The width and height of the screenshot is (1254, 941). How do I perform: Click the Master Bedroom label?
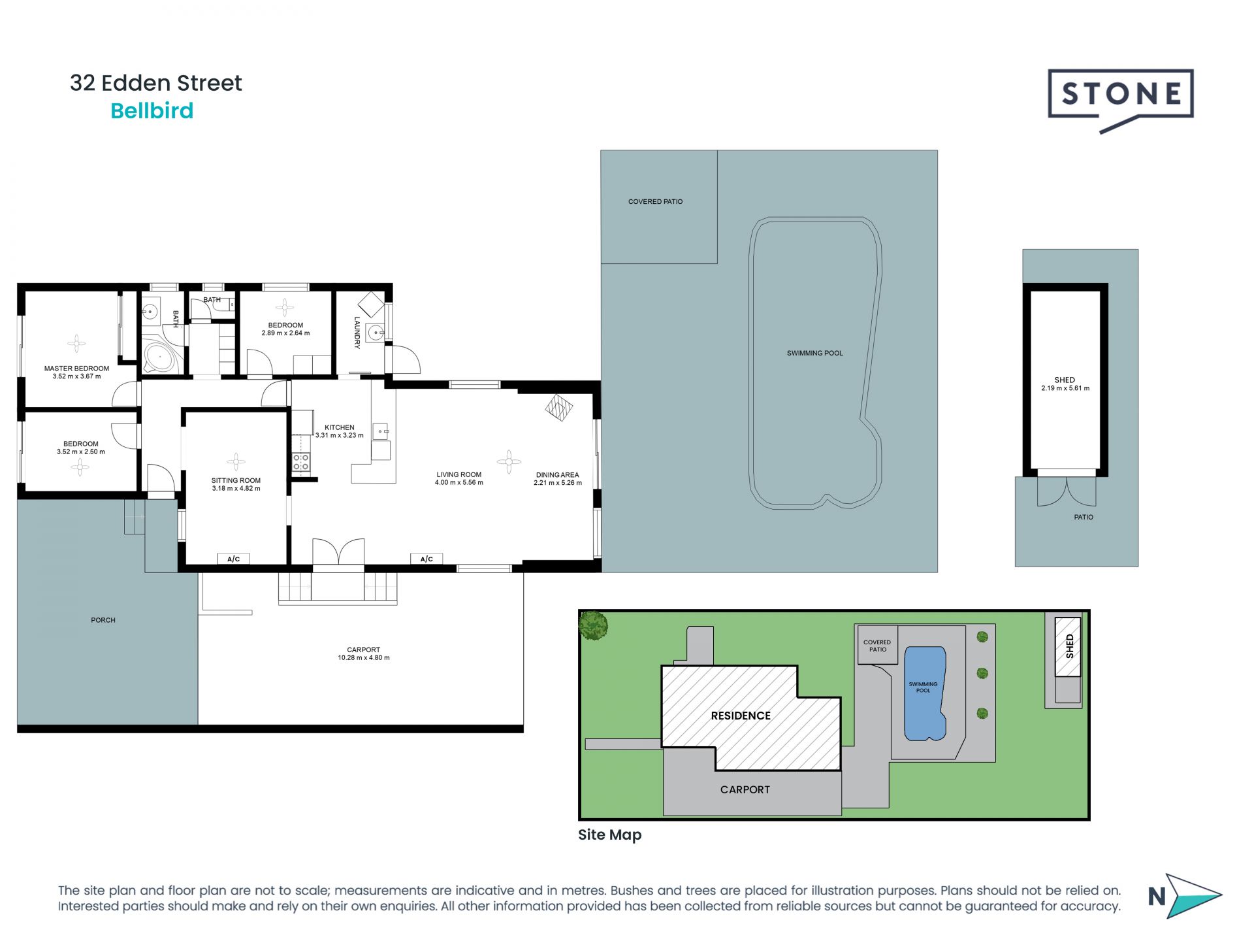(76, 369)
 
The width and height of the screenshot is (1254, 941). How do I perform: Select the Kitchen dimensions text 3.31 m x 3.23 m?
(340, 435)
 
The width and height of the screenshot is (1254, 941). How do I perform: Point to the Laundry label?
(357, 333)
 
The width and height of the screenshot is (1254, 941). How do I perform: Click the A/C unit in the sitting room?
(234, 559)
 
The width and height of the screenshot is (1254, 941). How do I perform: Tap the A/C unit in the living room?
(426, 559)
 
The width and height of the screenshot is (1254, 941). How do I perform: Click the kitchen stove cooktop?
(301, 462)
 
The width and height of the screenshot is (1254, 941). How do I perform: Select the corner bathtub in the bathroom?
(160, 357)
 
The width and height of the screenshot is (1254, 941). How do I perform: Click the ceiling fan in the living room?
(509, 461)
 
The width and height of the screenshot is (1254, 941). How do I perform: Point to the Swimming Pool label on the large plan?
(814, 354)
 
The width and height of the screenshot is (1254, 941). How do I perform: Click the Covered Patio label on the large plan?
(655, 202)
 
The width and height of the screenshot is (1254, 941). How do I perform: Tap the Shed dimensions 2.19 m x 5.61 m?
(1065, 388)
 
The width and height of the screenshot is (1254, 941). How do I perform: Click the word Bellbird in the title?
(152, 111)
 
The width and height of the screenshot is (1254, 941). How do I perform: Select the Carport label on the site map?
(745, 789)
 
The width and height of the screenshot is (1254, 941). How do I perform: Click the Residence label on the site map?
(741, 716)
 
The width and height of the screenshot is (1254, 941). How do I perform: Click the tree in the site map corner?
(593, 625)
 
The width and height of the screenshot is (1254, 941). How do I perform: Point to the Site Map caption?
(610, 834)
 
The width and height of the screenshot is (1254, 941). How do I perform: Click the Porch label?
(103, 620)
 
